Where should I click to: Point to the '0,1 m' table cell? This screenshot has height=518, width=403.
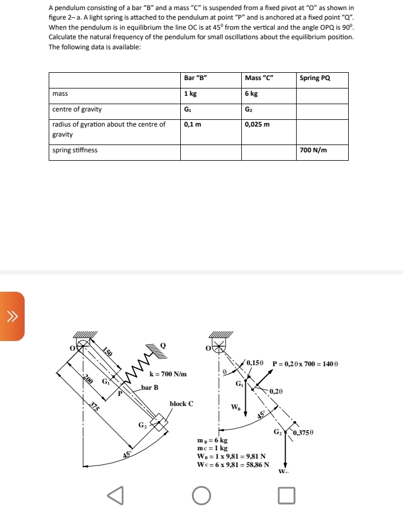(193, 124)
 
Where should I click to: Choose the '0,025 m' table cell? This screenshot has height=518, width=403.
(257, 124)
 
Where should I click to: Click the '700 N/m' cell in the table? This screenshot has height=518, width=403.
(313, 150)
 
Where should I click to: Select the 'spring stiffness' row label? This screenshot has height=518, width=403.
(74, 150)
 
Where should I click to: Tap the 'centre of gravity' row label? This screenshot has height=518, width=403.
(77, 109)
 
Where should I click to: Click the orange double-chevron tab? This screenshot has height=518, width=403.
(11, 316)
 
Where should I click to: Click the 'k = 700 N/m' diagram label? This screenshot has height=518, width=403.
(168, 374)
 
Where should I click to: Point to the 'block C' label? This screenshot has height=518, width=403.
(181, 403)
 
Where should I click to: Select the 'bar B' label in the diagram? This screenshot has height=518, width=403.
(150, 387)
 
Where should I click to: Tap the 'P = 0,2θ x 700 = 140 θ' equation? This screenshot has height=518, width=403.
(306, 364)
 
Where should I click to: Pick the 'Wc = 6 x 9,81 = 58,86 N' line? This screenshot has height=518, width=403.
(233, 464)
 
